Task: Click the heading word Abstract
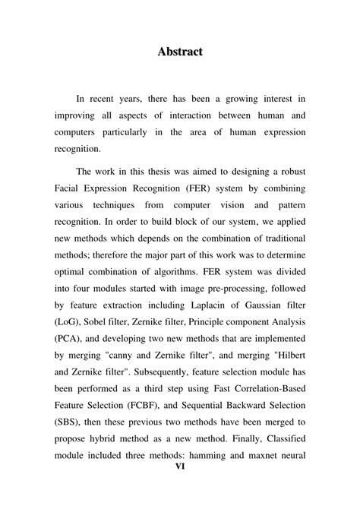[180, 52]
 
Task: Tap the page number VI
[180, 488]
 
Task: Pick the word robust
[289, 172]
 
